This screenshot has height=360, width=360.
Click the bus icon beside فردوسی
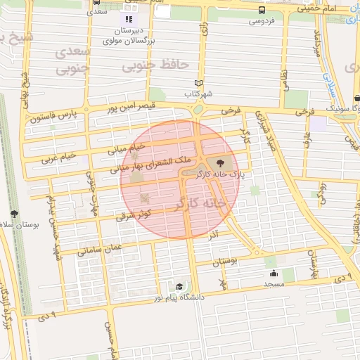[262, 11]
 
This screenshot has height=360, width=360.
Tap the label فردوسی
[262, 21]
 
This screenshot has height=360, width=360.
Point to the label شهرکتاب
[198, 93]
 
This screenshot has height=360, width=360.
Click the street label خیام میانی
[125, 148]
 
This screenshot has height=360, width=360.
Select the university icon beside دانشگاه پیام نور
[179, 287]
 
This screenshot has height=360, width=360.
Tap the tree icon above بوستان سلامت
[14, 214]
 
